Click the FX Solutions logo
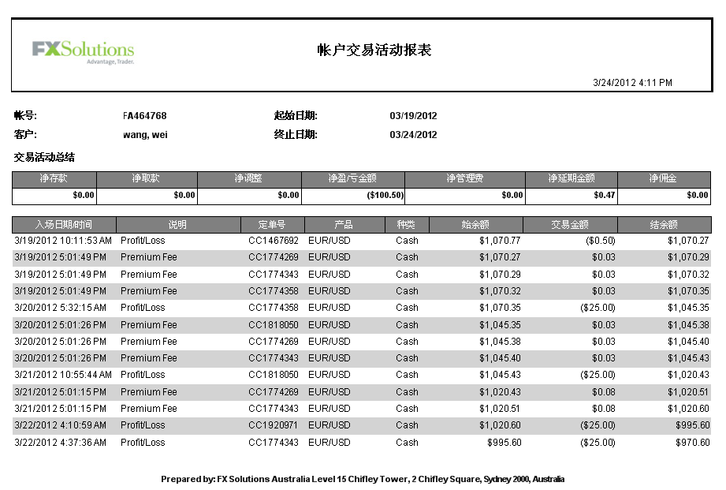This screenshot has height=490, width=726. pyautogui.click(x=83, y=51)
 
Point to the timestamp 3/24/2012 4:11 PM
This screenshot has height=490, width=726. pyautogui.click(x=632, y=82)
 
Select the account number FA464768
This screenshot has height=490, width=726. pyautogui.click(x=145, y=116)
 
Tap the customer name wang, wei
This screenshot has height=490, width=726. pyautogui.click(x=145, y=135)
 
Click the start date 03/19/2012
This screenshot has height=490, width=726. pyautogui.click(x=413, y=116)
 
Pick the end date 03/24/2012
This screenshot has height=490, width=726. pyautogui.click(x=413, y=135)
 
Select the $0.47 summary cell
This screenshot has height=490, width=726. pyautogui.click(x=605, y=196)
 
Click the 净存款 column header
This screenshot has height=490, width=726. pyautogui.click(x=54, y=179)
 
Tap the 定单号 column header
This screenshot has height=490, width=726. pyautogui.click(x=272, y=224)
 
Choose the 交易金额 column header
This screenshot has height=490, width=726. pyautogui.click(x=569, y=224)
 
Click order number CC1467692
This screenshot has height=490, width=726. pyautogui.click(x=274, y=241)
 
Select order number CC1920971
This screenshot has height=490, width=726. pyautogui.click(x=274, y=425)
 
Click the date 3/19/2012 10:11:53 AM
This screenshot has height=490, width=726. pyautogui.click(x=63, y=241)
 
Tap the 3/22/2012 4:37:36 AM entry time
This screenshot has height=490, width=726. pyautogui.click(x=60, y=443)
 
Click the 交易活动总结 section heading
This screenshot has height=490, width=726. pyautogui.click(x=44, y=157)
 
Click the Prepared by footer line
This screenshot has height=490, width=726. pyautogui.click(x=363, y=479)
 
